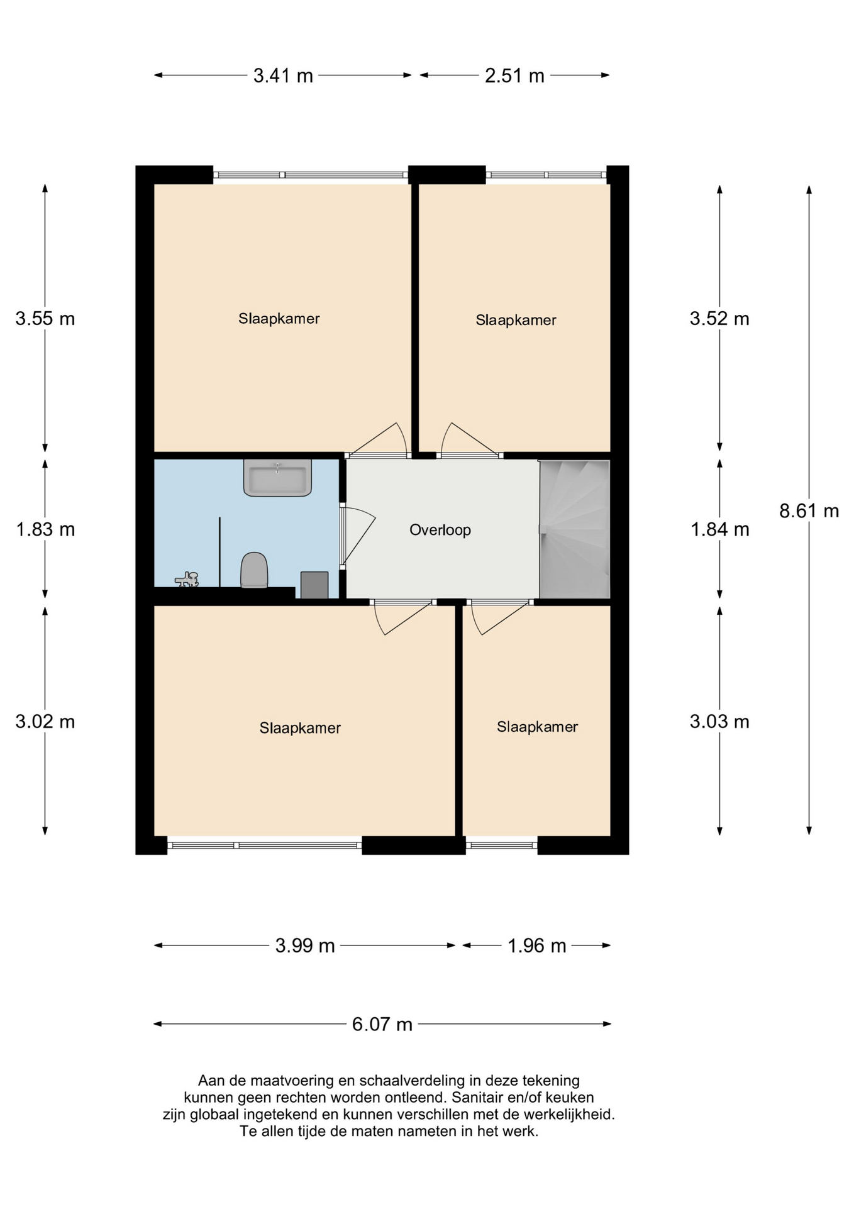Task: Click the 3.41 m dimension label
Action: (x=283, y=76)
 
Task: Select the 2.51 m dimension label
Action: (x=514, y=76)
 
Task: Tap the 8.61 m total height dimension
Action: (x=809, y=511)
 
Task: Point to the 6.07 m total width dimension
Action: (x=382, y=1025)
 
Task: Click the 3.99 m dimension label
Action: (x=305, y=945)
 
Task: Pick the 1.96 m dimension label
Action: (x=536, y=945)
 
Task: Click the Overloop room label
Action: (x=440, y=530)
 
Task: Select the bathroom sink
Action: (x=277, y=478)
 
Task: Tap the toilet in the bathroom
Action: (x=254, y=570)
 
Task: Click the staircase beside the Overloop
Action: (x=574, y=529)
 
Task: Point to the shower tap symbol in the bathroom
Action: (x=187, y=580)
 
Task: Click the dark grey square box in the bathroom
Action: (x=314, y=585)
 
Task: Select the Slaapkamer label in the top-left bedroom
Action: (x=279, y=319)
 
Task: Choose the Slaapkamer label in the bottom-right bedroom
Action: (x=536, y=727)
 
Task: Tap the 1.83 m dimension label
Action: (x=45, y=530)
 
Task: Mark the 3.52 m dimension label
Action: (x=719, y=319)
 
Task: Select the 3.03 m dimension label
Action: (x=719, y=721)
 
